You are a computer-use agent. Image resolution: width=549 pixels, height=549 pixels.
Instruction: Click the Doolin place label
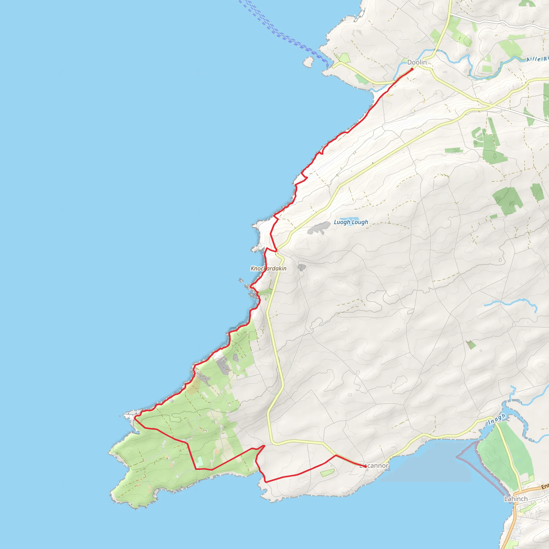pyautogui.click(x=417, y=62)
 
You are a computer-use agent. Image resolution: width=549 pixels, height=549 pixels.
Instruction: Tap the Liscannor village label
pyautogui.click(x=374, y=465)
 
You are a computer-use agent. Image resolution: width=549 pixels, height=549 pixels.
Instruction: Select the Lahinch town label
pyautogui.click(x=516, y=499)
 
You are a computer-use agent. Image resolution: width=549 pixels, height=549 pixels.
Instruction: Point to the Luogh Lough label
pyautogui.click(x=351, y=222)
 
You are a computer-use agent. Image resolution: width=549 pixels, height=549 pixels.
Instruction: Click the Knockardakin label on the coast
pyautogui.click(x=269, y=268)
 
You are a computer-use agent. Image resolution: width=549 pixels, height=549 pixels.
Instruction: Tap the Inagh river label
pyautogui.click(x=497, y=420)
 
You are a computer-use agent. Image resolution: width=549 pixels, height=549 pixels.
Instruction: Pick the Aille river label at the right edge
pyautogui.click(x=537, y=59)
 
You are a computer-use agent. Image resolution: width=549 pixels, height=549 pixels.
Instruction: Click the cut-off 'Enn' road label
pyautogui.click(x=545, y=487)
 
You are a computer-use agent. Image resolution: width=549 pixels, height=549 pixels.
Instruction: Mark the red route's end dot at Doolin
pyautogui.click(x=412, y=69)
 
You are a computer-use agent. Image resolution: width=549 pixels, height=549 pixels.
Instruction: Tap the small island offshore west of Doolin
pyautogui.click(x=308, y=61)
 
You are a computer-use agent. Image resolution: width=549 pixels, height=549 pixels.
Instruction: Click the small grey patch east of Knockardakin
pyautogui.click(x=302, y=267)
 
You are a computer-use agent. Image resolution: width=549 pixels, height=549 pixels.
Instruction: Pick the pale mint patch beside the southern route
pyautogui.click(x=199, y=462)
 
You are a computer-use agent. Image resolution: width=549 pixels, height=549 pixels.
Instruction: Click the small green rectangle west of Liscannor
pyautogui.click(x=327, y=473)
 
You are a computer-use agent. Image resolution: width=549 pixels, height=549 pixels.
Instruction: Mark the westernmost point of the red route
pyautogui.click(x=134, y=417)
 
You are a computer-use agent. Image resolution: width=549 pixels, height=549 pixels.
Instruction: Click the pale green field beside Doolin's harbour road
pyautogui.click(x=345, y=58)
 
